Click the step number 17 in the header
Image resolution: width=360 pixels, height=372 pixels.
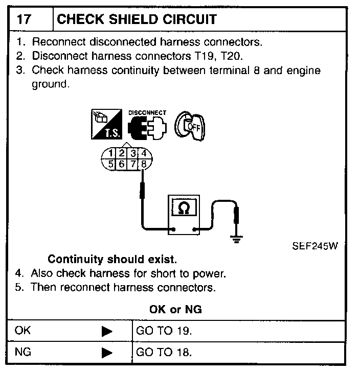24,20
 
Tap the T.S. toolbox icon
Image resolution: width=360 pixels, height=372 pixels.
106,125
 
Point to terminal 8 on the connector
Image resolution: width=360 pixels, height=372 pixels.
145,164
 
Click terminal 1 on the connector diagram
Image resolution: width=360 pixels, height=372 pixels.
112,153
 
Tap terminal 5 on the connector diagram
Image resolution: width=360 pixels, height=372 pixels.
110,164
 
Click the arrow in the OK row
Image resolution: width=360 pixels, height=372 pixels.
106,332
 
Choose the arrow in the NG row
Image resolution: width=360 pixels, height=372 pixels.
106,353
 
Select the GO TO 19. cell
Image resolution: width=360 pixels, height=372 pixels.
164,331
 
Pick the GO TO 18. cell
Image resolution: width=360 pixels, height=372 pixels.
164,353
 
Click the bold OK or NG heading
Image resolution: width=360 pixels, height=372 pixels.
175,310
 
